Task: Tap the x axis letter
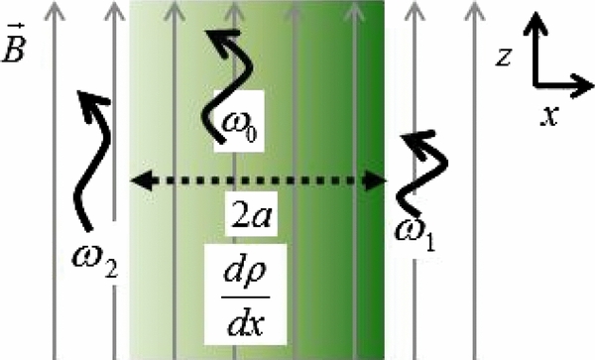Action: [548, 117]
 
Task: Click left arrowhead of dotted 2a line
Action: [140, 180]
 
